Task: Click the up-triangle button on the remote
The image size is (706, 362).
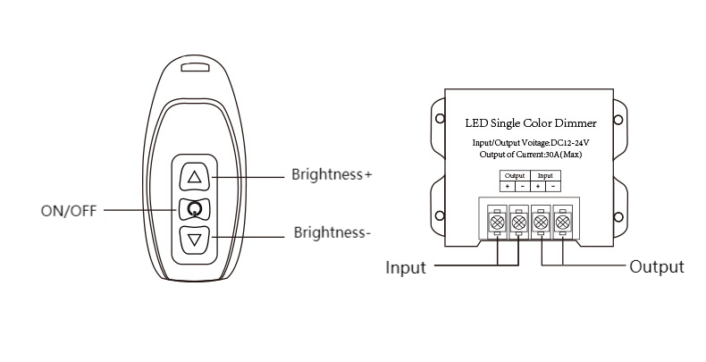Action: tap(196, 177)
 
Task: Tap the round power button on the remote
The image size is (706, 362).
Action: tap(196, 210)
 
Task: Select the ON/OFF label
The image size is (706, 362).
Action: tap(69, 212)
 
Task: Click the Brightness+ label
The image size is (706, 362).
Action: tap(332, 174)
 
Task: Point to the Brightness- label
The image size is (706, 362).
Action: tap(332, 234)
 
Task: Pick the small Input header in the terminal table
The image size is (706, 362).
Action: tap(545, 175)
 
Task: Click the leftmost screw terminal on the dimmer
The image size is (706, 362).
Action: tap(497, 219)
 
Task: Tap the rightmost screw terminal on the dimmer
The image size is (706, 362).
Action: tap(562, 219)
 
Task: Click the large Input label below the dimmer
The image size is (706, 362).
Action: tap(405, 267)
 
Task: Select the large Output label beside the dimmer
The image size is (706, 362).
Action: tap(657, 266)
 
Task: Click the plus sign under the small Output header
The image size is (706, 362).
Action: tap(507, 186)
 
